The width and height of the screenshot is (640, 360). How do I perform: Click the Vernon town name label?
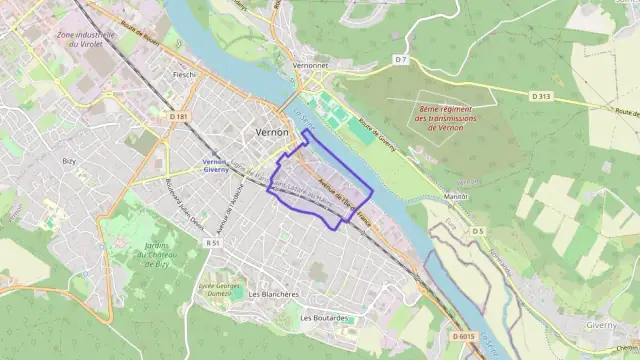click(x=272, y=132)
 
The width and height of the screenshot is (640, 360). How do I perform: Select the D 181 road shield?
click(x=179, y=117)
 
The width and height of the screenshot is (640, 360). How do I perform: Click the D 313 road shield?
click(x=541, y=96)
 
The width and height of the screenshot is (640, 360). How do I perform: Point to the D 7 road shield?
click(x=401, y=60)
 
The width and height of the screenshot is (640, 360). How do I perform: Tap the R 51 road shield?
click(x=213, y=242)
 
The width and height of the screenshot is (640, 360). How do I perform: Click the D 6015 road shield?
click(x=462, y=337)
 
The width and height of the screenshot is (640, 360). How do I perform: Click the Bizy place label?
click(x=69, y=160)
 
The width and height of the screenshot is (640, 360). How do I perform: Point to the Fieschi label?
click(x=185, y=75)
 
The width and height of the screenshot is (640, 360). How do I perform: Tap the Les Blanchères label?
click(x=273, y=294)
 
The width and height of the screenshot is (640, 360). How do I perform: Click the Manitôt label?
click(x=456, y=196)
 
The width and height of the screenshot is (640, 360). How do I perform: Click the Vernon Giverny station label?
click(x=216, y=166)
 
